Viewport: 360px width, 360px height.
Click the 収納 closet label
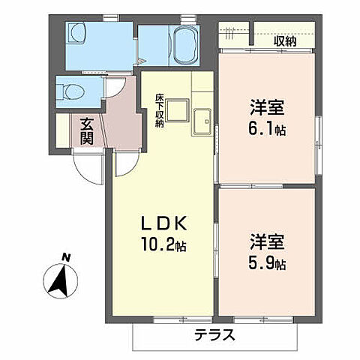pos(285,41)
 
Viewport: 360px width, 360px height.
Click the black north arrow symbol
pos(58,281)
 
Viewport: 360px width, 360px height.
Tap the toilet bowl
pos(72,91)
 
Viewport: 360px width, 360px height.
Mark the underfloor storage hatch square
pos(177,112)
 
